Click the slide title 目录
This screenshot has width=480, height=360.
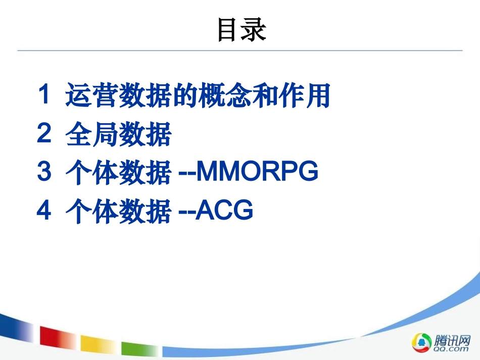coord(241,30)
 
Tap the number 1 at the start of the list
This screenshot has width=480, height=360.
coord(44,95)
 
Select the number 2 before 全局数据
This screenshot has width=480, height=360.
coord(44,134)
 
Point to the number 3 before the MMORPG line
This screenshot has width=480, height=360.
coord(44,173)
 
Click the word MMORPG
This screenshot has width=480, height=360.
coord(257,173)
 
